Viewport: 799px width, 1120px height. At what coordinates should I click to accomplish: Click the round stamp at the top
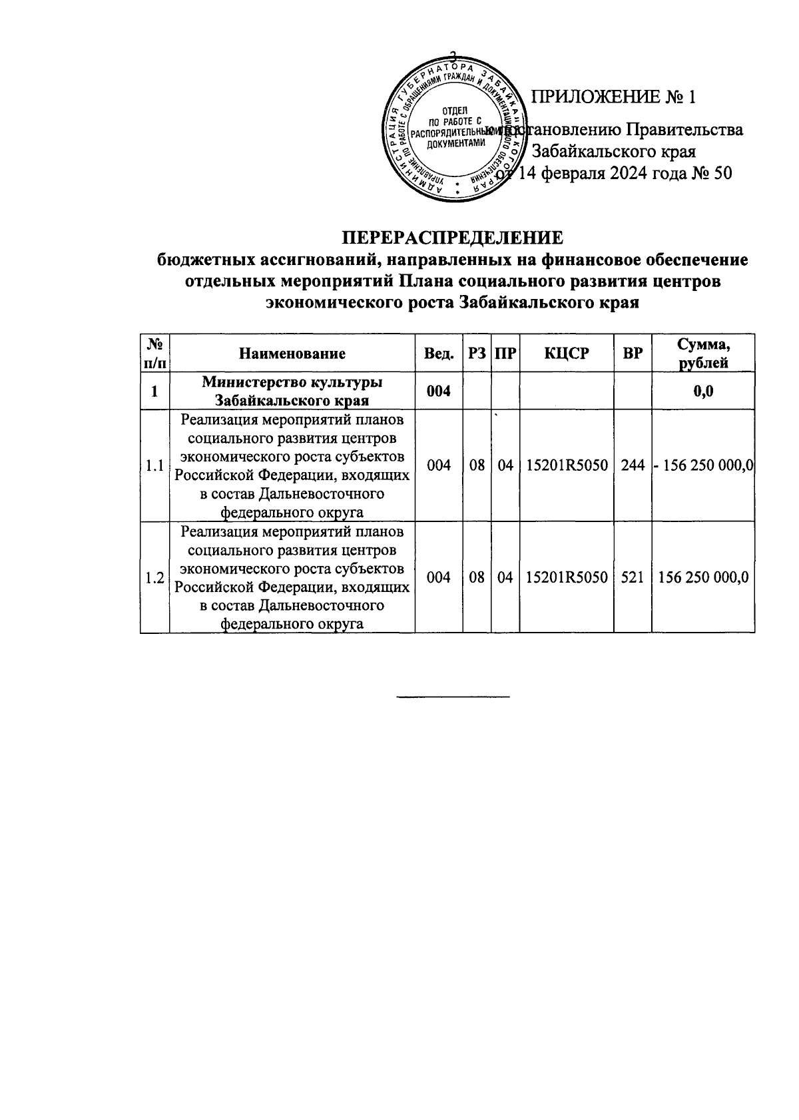tap(454, 129)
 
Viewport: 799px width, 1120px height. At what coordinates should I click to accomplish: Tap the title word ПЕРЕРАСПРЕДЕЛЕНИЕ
tap(453, 238)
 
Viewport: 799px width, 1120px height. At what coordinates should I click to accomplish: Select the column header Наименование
tap(292, 354)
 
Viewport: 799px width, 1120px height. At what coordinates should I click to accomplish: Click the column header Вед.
tap(439, 354)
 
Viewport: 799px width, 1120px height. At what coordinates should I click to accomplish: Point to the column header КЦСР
tap(566, 354)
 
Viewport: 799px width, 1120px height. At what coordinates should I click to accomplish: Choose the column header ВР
tap(632, 354)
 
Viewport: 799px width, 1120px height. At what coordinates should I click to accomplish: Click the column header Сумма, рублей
tap(703, 354)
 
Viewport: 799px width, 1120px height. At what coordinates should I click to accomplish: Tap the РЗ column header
tap(477, 354)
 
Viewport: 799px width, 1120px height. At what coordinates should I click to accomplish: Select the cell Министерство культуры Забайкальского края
tap(292, 392)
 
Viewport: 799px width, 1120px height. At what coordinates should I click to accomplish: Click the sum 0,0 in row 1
tap(703, 392)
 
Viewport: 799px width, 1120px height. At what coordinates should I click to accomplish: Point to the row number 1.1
tap(154, 465)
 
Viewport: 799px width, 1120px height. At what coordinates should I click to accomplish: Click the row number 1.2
tap(154, 577)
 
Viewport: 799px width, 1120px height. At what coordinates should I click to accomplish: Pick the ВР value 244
tap(632, 465)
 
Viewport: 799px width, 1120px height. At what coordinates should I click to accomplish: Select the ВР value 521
tap(632, 577)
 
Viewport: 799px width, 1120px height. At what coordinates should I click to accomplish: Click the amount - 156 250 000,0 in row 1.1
tap(703, 465)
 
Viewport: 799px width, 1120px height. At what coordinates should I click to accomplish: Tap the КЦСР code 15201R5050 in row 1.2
tap(566, 577)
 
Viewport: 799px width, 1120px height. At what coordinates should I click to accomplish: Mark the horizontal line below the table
tap(453, 697)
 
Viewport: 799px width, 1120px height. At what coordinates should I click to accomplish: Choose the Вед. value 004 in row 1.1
tap(439, 465)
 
